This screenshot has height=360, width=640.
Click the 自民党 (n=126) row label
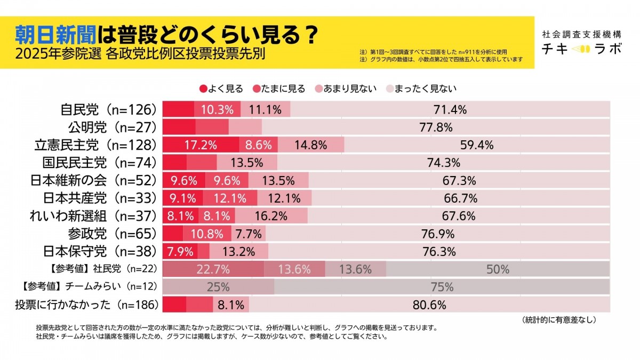109,110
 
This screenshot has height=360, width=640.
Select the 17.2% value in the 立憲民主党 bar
201,145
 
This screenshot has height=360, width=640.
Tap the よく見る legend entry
221,89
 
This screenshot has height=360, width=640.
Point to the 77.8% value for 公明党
436,127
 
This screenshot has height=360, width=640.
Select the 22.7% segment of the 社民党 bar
213,269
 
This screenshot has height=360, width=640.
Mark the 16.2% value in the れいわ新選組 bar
271,216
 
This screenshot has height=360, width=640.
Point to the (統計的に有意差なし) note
559,320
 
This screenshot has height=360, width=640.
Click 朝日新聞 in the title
54,35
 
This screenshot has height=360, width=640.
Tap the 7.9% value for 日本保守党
180,251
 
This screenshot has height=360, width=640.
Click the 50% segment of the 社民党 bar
498,269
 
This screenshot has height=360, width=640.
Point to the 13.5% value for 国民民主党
246,163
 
